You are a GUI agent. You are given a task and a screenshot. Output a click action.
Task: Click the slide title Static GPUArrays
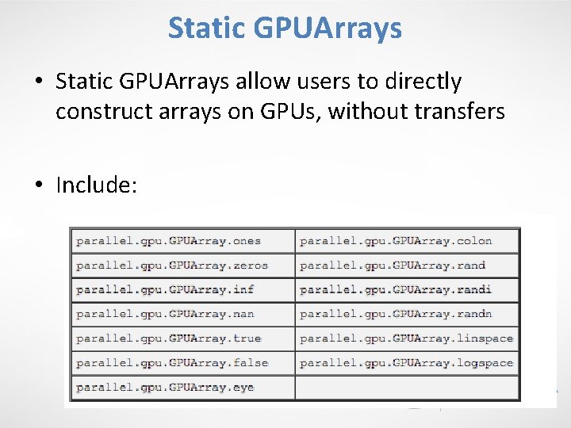point(285,29)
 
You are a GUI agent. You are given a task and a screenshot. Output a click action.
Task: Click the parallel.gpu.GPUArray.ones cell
point(168,241)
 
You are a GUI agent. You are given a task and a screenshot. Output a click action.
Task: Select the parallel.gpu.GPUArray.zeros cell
point(172,266)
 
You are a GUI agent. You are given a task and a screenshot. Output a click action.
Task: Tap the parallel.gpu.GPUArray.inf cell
point(165,289)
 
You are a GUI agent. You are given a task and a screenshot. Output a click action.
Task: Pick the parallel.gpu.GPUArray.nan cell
point(165,314)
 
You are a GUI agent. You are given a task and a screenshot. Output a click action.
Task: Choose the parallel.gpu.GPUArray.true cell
point(168,338)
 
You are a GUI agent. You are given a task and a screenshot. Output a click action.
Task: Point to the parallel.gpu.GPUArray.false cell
point(172,363)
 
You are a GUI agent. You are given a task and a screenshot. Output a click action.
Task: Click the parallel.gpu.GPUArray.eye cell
point(165,387)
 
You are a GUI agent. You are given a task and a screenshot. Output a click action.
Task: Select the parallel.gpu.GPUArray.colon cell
point(396,241)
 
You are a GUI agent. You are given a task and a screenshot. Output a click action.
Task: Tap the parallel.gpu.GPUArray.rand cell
point(393,266)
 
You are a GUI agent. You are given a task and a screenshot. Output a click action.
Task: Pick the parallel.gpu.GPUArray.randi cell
point(396,289)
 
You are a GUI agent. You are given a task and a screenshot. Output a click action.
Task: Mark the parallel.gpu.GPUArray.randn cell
point(396,314)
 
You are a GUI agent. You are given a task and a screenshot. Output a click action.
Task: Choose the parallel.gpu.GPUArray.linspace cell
point(406,338)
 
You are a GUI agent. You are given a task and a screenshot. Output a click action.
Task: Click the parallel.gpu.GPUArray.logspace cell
point(406,363)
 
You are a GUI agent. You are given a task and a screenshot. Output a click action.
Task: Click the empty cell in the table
point(408,387)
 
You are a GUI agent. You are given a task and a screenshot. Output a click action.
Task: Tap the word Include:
point(97,185)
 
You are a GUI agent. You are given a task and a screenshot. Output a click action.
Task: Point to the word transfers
point(458,112)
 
